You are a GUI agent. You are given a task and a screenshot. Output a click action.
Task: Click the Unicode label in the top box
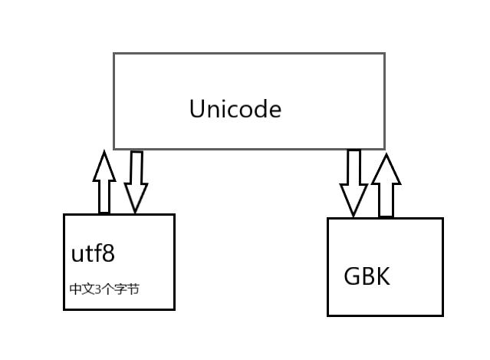point(235,109)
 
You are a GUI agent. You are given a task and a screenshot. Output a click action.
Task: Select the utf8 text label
point(97,253)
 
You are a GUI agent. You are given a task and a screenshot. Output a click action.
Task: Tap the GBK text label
point(367,276)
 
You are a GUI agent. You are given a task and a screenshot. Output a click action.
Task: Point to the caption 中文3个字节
point(104,289)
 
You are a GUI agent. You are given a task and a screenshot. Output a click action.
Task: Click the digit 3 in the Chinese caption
point(97,289)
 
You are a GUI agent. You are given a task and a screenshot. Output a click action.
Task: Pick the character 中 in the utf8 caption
point(75,289)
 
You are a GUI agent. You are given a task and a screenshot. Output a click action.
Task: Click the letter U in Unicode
point(197,109)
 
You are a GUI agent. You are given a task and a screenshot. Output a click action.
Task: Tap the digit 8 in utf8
point(116,253)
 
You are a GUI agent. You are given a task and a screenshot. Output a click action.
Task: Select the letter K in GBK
point(382,276)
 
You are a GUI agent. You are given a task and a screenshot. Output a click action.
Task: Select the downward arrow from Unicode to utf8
point(136,182)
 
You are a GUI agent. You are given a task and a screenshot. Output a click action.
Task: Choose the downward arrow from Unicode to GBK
point(354,183)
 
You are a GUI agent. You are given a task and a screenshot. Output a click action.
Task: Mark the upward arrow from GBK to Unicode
point(386,185)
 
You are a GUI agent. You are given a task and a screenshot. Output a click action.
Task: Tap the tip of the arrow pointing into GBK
point(354,216)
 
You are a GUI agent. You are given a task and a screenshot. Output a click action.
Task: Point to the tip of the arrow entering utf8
point(136,212)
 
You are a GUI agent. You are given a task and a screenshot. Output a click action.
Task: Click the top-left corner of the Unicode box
point(114,54)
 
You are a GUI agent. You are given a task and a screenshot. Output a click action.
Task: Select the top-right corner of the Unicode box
point(384,54)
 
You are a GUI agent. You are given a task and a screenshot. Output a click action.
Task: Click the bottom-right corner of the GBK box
point(442,315)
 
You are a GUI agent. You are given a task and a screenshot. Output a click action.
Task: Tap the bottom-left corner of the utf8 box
point(64,309)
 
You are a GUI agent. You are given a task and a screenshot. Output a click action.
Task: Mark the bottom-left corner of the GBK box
point(328,315)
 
